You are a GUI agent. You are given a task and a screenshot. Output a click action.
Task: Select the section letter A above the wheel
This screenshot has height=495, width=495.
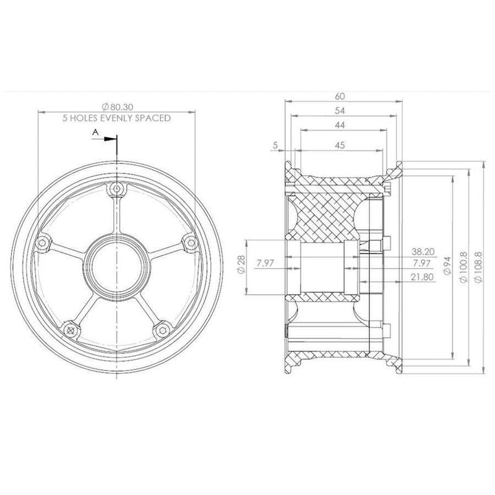[95, 132]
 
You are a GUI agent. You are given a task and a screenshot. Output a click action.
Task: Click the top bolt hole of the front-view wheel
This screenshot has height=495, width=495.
[116, 189]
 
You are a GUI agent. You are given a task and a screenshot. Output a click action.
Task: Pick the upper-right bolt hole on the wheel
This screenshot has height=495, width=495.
[186, 244]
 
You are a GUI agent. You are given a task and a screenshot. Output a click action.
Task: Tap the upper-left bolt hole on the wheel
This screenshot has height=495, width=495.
[42, 243]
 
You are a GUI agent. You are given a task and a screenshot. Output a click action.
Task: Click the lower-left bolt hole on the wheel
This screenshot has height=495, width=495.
[72, 330]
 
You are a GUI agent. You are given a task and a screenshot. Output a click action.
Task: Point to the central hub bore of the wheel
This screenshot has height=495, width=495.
[116, 264]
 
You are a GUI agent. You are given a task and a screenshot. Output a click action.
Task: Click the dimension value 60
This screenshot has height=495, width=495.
[340, 96]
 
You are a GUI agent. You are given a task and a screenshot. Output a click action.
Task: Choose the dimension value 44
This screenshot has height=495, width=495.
[340, 125]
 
